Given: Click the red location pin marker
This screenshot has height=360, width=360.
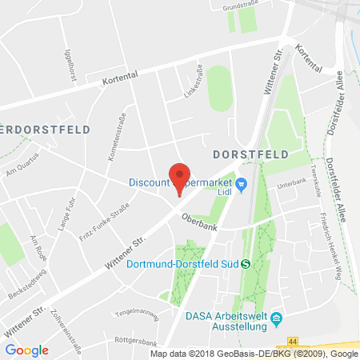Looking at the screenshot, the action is click(x=180, y=177).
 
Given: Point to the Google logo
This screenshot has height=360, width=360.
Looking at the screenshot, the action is click(x=26, y=350).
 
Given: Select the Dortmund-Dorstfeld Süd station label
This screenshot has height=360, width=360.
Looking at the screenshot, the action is click(x=183, y=266).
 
